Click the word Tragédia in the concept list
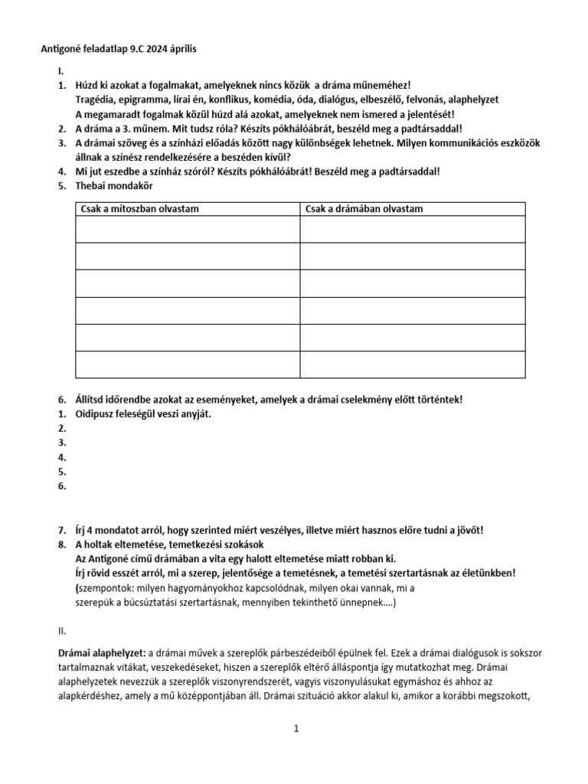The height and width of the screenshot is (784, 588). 97,100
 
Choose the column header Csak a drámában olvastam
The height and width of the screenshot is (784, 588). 364,209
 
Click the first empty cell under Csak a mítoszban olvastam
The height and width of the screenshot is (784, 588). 188,229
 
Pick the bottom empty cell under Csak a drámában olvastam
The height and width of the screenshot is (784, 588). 412,364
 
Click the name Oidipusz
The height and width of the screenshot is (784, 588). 97,414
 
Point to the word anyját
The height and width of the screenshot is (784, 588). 194,414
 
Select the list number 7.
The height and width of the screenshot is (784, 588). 62,530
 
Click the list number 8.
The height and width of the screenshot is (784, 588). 62,544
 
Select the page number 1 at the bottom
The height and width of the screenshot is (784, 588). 295,730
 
